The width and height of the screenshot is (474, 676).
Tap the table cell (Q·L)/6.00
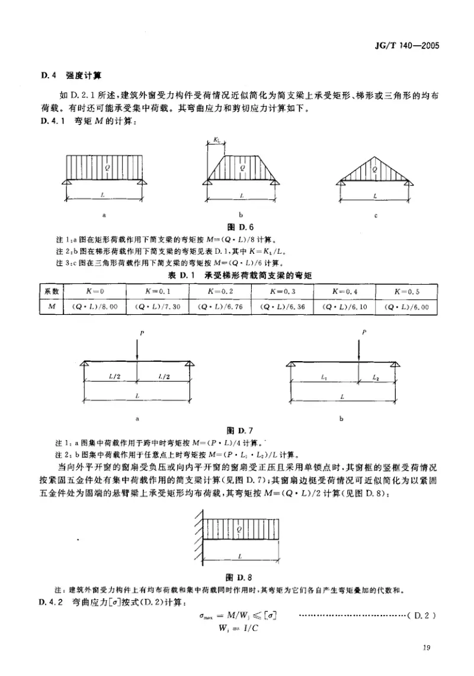pyautogui.click(x=406, y=307)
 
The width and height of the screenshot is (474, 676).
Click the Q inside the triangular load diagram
pyautogui.click(x=374, y=170)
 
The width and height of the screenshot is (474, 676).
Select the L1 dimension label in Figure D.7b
pyautogui.click(x=324, y=378)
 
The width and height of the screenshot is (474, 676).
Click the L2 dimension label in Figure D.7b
pyautogui.click(x=376, y=378)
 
